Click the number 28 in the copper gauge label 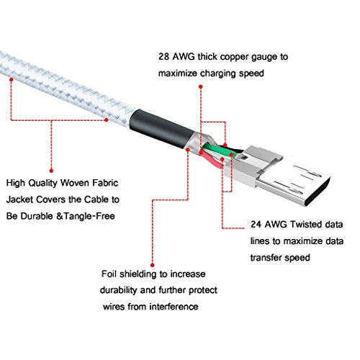click(x=164, y=57)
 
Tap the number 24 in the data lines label click(x=256, y=225)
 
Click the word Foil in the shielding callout click(x=109, y=274)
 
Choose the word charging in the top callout click(x=218, y=73)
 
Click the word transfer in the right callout click(x=264, y=258)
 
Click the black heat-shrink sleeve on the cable click(x=161, y=130)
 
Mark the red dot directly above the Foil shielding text click(x=152, y=265)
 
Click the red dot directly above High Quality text click(x=51, y=171)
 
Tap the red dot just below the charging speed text click(x=201, y=86)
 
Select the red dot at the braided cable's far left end click(x=12, y=79)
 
